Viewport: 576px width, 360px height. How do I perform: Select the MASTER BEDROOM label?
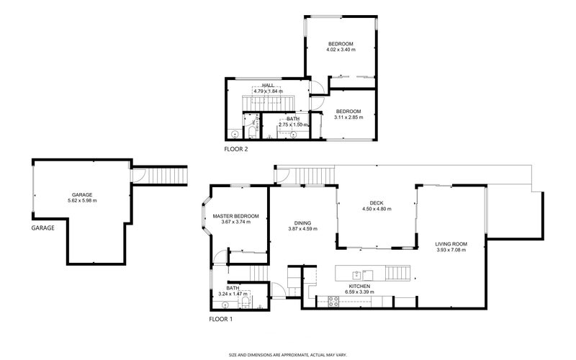coord(235,216)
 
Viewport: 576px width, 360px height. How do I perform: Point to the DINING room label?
coord(302,222)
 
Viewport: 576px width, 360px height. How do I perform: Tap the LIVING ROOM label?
coord(451,245)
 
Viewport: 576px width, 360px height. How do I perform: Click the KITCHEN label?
coord(369,287)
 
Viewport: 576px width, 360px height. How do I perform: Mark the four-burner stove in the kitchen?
coord(333,301)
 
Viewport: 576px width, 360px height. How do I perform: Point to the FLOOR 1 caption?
coord(221,318)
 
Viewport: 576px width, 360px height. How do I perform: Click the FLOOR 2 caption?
coord(236,150)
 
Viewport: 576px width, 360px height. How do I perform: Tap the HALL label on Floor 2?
coord(267,85)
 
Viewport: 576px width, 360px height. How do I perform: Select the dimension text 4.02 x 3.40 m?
coord(341,50)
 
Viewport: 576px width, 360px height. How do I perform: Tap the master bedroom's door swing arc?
coord(236,254)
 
